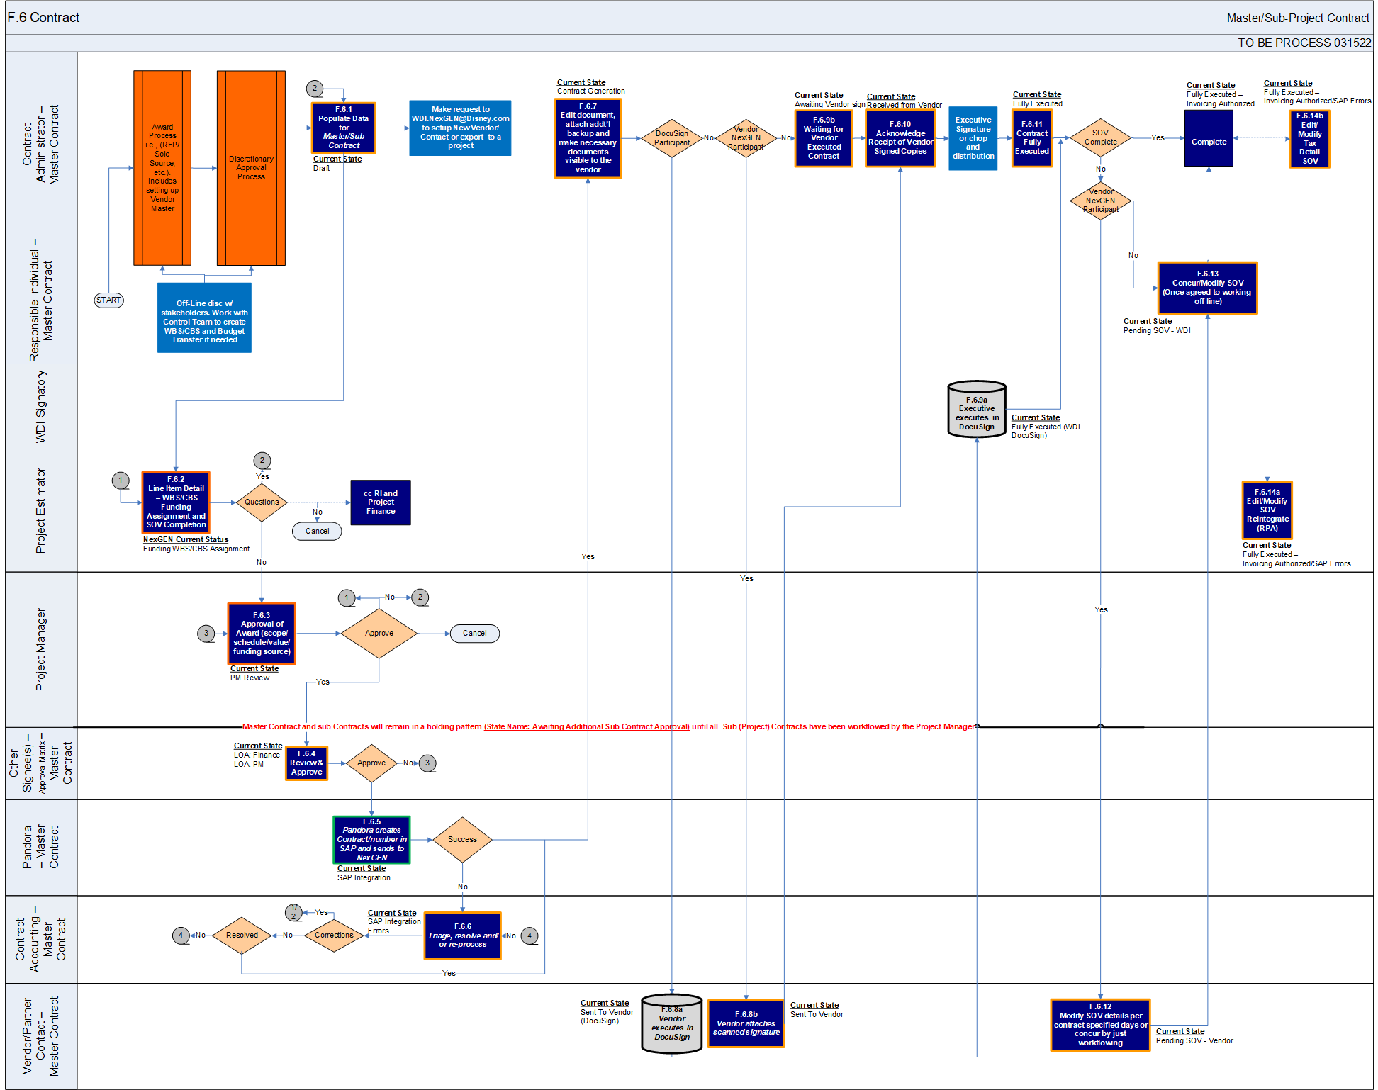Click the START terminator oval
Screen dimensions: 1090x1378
pos(108,300)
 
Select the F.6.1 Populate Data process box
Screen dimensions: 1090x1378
pos(344,128)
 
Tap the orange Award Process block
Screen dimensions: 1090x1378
pos(162,168)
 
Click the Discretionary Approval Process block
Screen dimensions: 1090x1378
pos(251,168)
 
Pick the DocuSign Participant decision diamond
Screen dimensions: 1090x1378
pos(671,138)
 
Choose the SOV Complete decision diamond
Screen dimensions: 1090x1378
pos(1100,138)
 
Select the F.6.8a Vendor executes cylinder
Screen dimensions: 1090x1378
pos(672,1024)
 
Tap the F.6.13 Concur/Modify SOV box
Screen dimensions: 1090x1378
pos(1208,288)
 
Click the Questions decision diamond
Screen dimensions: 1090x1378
pos(262,502)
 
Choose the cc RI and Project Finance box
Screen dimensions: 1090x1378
pos(381,502)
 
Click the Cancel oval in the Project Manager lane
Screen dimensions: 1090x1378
pos(474,634)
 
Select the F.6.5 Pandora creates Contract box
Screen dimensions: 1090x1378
pos(371,840)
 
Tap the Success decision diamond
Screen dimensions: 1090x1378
pos(462,840)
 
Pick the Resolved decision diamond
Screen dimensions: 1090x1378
pos(242,936)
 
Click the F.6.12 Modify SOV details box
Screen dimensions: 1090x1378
pos(1100,1025)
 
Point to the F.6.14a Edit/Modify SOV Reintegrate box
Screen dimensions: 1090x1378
pos(1267,510)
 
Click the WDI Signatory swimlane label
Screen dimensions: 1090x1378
pos(41,407)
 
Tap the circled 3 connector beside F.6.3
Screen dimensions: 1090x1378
pos(206,634)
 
